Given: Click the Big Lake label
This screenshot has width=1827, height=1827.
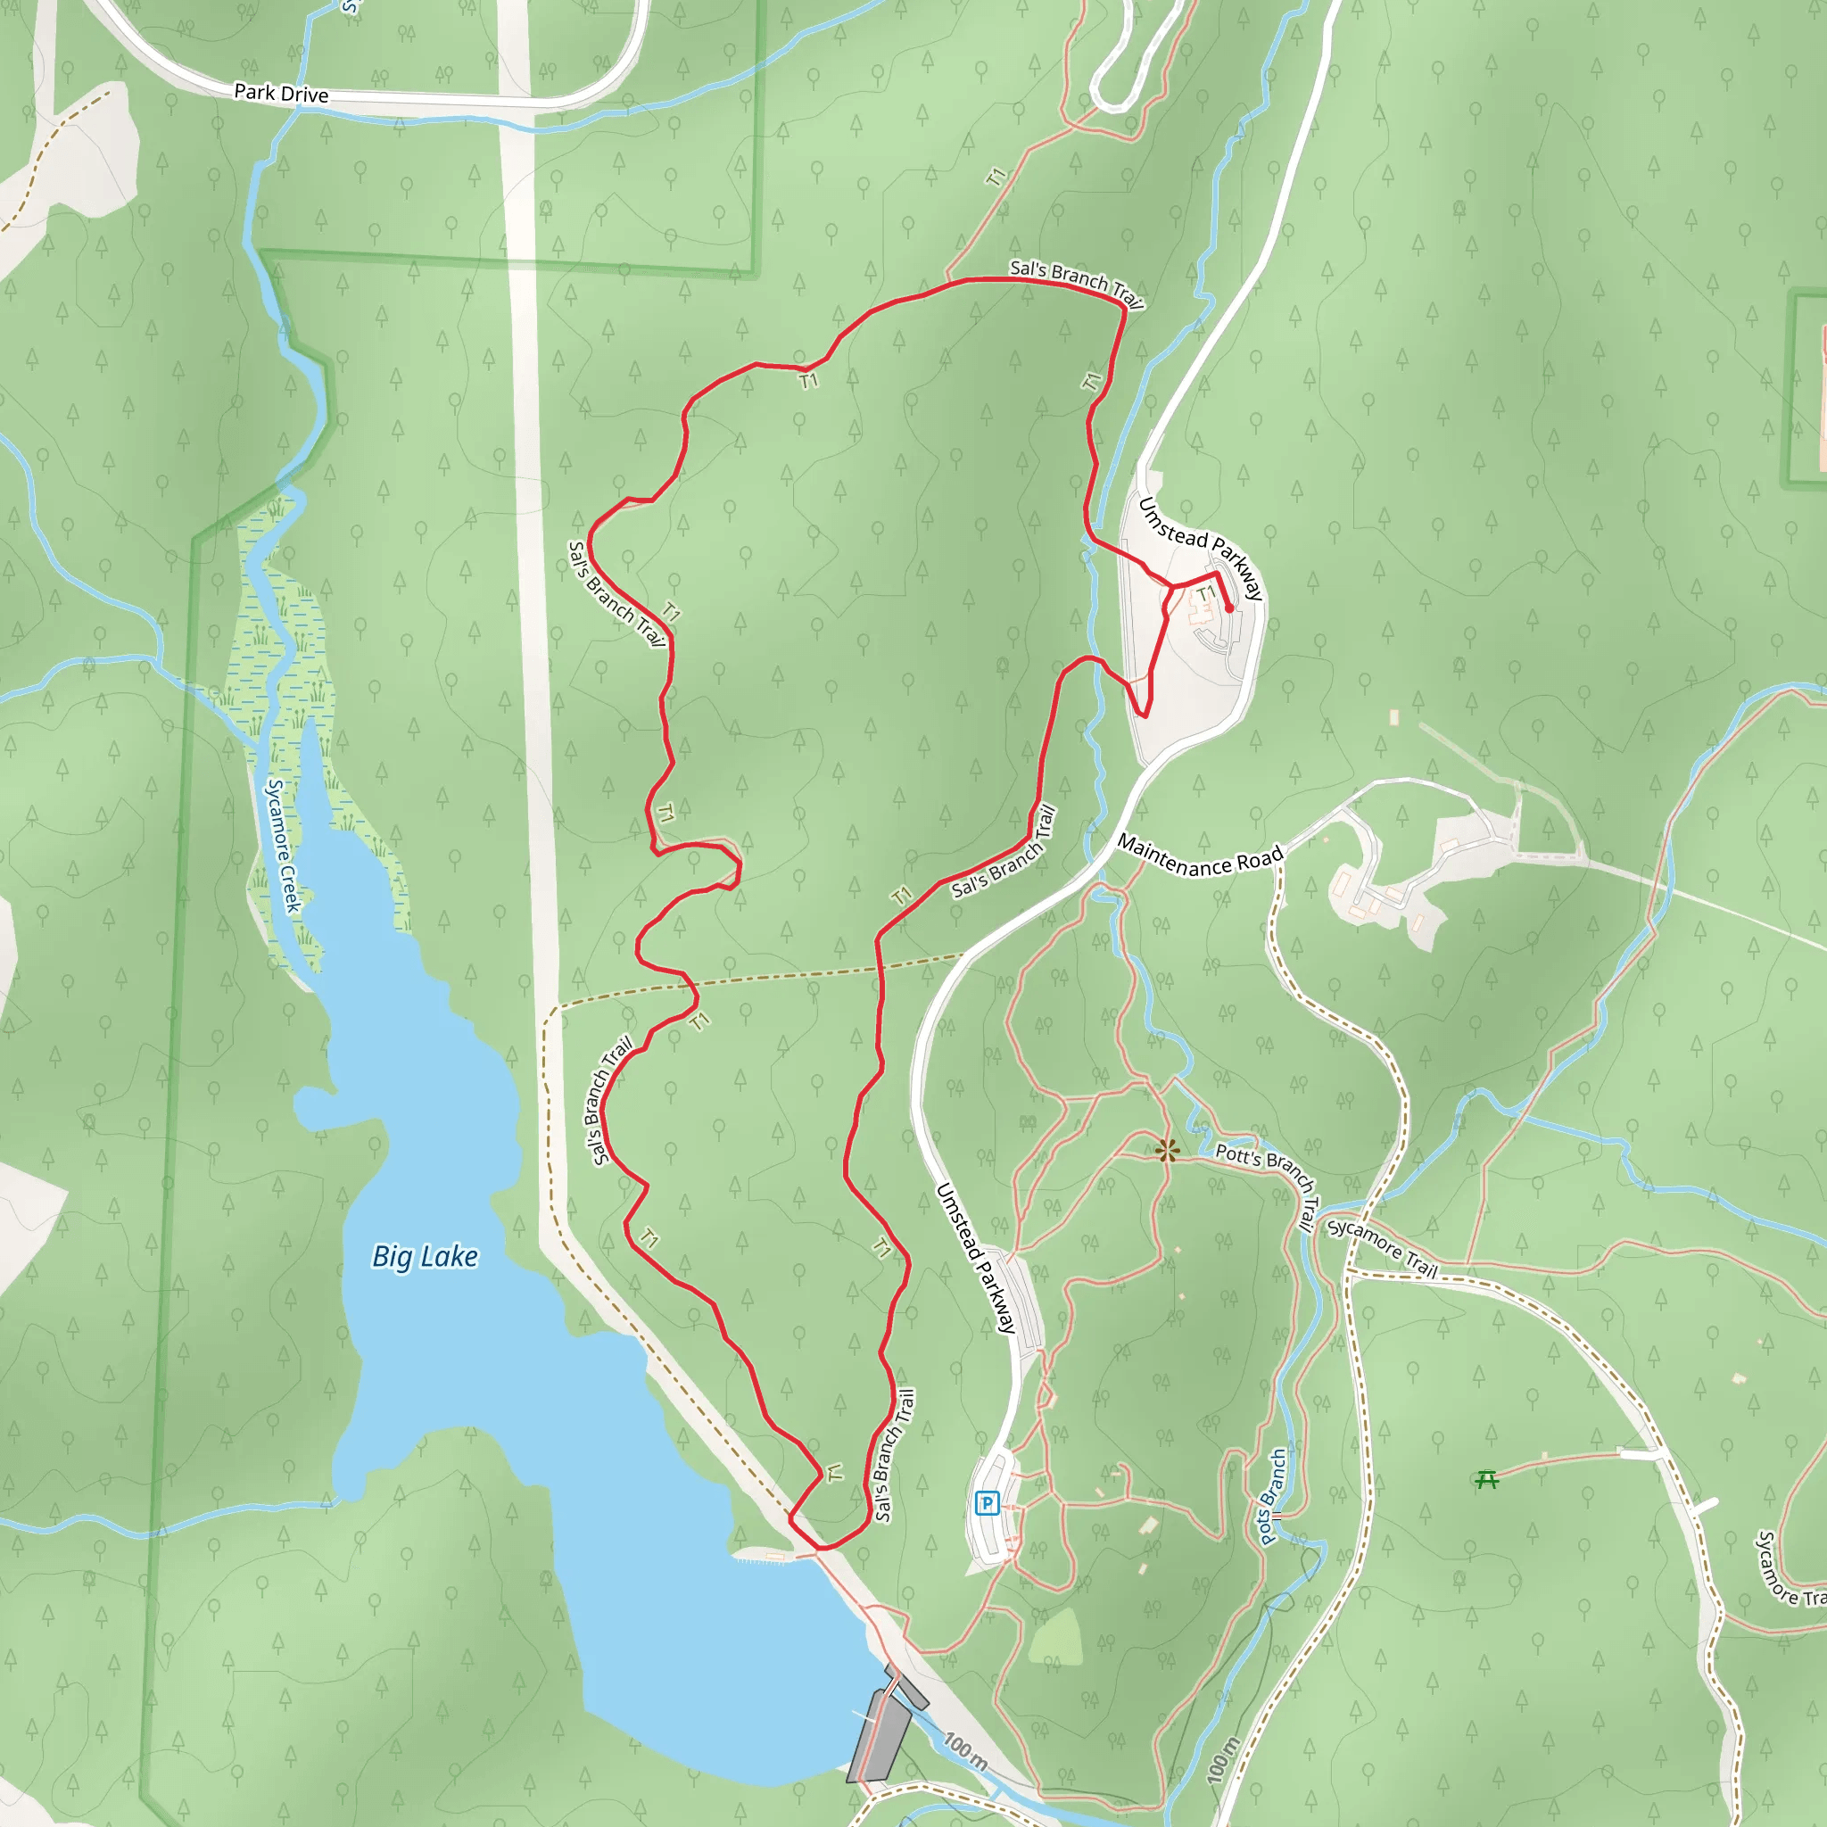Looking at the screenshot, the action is coord(425,1257).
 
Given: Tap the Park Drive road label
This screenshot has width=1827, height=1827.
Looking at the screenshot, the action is coord(281,93).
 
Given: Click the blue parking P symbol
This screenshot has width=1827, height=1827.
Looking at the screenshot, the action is coord(988,1502).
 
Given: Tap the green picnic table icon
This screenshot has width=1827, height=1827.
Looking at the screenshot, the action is coord(1486,1479).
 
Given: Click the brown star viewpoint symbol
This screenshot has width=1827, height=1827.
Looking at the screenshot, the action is coord(1168,1151).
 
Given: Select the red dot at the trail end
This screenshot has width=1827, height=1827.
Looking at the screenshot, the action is coord(1229,609).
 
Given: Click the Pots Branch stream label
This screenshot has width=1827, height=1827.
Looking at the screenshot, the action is coord(1273,1496).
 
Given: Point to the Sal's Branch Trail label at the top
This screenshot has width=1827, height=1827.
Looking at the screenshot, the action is coord(1077,282).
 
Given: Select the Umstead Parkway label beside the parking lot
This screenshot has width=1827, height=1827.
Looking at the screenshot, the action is coord(976,1258).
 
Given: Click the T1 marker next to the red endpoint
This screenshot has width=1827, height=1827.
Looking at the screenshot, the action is coord(1206,593).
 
